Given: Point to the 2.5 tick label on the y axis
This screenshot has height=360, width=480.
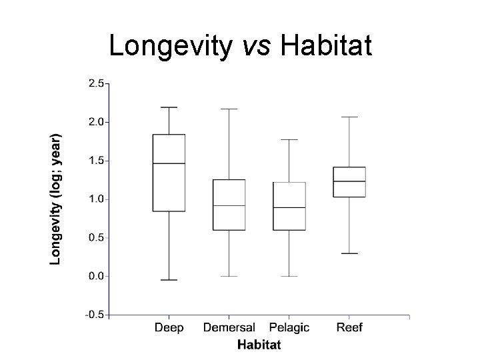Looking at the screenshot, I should click(x=95, y=83).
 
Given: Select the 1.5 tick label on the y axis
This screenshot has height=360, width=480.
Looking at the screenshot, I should click(x=95, y=161).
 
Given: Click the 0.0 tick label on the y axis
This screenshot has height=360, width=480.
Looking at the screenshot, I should click(x=95, y=276).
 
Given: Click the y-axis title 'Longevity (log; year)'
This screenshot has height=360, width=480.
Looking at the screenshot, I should click(x=57, y=197).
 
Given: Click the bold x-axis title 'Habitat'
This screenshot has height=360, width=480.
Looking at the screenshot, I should click(x=259, y=345).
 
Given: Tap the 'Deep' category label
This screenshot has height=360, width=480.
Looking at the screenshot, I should click(x=169, y=327).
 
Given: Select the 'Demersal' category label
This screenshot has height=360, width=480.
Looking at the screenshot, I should click(x=229, y=327).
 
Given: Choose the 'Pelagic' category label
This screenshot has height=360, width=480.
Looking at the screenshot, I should click(x=289, y=327).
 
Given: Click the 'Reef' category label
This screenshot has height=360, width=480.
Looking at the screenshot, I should click(x=349, y=327).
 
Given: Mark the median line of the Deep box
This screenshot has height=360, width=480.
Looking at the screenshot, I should click(x=169, y=163).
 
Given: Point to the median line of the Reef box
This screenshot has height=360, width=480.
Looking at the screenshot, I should click(x=349, y=181).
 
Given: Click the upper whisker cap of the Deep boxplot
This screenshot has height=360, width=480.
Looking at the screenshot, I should click(x=169, y=107).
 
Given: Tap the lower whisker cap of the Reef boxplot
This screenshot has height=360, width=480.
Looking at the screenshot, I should click(x=349, y=253).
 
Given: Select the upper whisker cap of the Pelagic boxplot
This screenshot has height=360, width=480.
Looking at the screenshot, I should click(x=289, y=140).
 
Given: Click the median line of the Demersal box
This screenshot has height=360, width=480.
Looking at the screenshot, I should click(x=229, y=205).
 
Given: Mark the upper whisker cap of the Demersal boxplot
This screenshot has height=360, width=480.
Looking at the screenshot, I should click(x=229, y=109).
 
